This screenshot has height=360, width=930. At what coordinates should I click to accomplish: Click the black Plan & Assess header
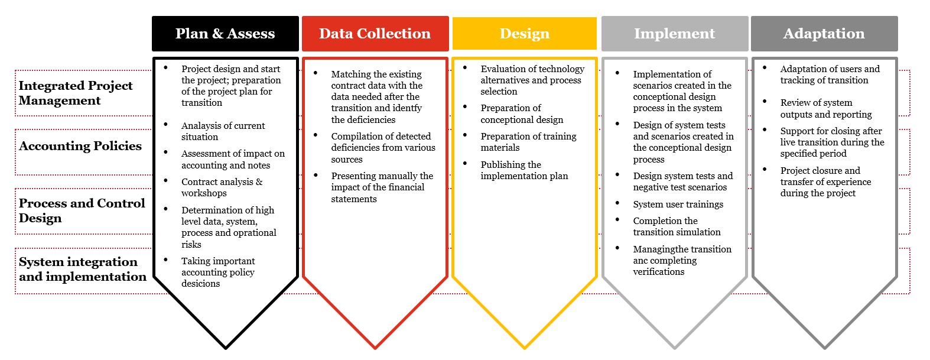[225, 34]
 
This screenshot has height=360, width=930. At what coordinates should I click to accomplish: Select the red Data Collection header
[375, 34]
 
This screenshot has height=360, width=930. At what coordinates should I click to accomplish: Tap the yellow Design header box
[524, 34]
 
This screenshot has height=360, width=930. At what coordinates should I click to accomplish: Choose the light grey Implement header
[675, 34]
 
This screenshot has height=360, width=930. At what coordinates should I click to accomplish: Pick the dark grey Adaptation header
[824, 34]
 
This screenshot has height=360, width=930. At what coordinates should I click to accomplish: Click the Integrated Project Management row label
[76, 93]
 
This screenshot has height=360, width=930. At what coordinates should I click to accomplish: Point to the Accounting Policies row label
[80, 146]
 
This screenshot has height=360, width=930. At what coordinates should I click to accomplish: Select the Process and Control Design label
[82, 210]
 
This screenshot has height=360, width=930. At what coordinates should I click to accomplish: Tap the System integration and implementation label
[82, 269]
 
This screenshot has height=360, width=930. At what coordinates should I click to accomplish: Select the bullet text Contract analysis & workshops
[222, 187]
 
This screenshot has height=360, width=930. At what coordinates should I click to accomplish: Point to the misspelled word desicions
[200, 284]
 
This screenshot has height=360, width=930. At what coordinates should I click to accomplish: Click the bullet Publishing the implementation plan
[524, 170]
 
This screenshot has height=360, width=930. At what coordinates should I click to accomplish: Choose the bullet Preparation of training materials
[528, 142]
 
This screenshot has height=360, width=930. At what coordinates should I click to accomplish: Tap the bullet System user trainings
[678, 205]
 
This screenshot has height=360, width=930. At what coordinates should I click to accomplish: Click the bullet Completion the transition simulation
[677, 226]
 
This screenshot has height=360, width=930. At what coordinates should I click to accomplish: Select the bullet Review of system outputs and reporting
[826, 108]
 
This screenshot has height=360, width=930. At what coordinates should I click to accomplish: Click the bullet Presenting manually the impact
[382, 187]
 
